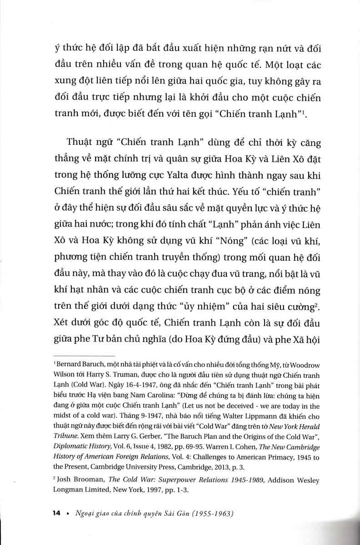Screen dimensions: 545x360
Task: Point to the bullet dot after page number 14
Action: (x=67, y=514)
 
